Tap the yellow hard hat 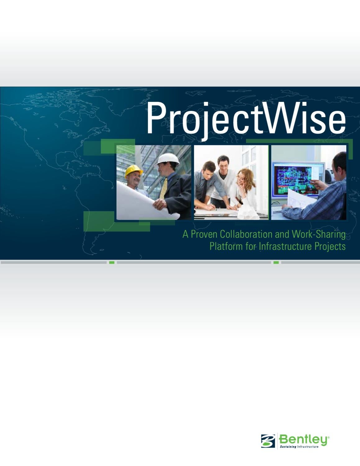coord(134,171)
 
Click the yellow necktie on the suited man coord(164,188)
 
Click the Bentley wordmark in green coord(303,440)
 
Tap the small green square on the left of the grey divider coord(112,263)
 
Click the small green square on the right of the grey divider coord(276,263)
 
